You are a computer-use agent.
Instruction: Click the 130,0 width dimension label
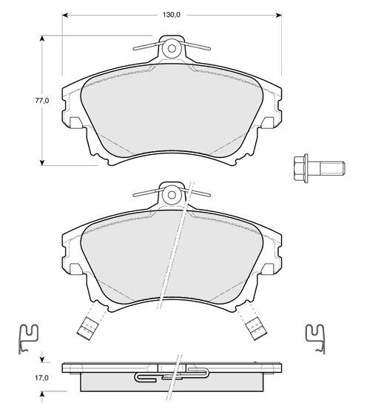point(172,15)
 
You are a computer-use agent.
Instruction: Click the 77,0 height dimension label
point(42,100)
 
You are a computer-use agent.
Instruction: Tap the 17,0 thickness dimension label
point(41,378)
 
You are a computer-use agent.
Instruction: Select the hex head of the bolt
point(301,168)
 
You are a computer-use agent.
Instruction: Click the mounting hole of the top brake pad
point(172,49)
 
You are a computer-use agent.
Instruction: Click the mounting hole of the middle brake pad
point(172,195)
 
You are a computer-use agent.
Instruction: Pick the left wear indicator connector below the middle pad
point(87,329)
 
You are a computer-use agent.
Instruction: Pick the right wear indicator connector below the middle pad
point(255,329)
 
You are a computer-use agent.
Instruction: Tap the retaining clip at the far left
point(28,339)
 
